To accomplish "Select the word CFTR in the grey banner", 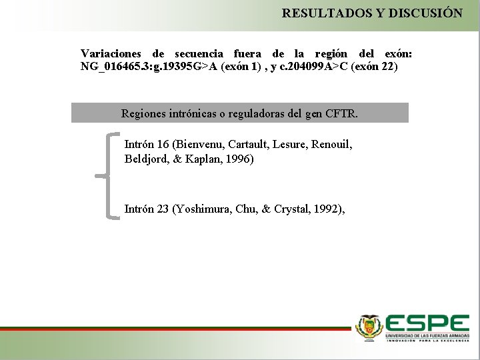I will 341,113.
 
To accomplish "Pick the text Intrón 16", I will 146,144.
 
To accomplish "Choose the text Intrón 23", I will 146,209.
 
